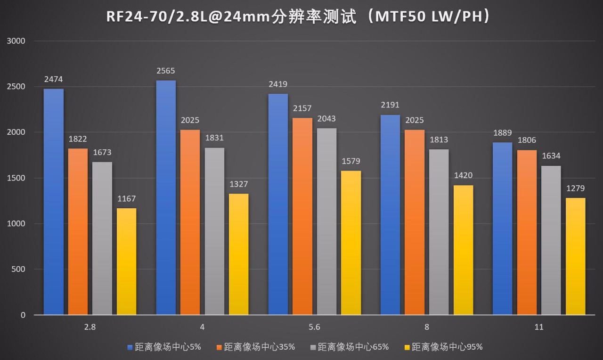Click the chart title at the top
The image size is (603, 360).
point(301,17)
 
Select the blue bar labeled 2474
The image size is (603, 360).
point(54,202)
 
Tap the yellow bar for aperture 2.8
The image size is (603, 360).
point(127,262)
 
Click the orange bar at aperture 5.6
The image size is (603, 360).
point(302,216)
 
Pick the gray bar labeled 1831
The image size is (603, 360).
point(214,231)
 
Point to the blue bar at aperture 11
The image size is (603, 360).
point(502,229)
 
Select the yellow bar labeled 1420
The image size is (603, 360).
point(463,250)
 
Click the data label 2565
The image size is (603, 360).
point(166,71)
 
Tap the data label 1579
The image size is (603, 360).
point(351,162)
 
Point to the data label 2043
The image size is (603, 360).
point(326,119)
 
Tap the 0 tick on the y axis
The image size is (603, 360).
point(23,315)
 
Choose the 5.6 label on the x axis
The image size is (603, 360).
point(314,327)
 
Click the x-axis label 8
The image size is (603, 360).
point(427,327)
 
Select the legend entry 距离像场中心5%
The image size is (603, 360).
point(164,347)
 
